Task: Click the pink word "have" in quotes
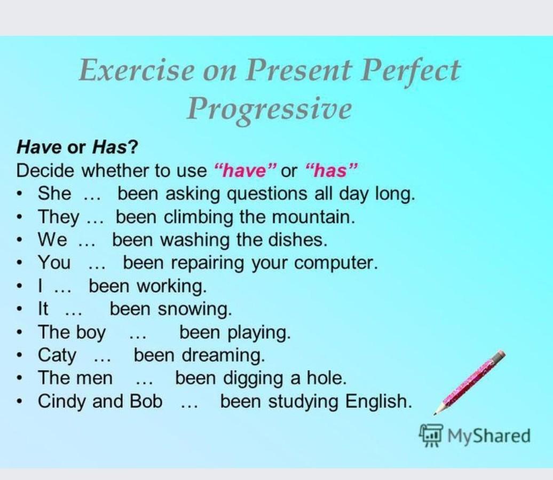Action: coord(245,171)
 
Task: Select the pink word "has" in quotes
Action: coord(331,171)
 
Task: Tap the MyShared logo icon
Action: coord(430,436)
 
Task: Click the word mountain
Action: coord(313,217)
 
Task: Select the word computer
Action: coord(336,263)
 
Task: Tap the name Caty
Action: coord(57,356)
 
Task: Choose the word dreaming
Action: coord(223,356)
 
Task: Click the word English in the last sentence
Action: coord(378,402)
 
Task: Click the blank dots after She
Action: coord(92,199)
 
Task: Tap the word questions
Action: coord(267,194)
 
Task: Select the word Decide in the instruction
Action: coord(45,171)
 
